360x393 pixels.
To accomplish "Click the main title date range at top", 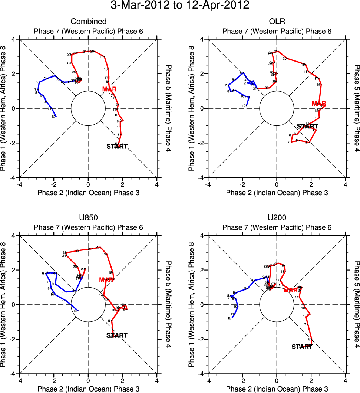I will point(180,6).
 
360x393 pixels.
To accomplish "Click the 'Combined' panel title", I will point(88,22).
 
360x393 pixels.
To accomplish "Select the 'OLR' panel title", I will point(277,22).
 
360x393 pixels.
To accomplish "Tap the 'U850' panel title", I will point(88,218).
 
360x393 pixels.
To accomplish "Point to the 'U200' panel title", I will point(277,218).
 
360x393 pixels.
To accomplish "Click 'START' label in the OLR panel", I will point(308,127).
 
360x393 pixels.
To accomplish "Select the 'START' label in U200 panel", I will point(302,347).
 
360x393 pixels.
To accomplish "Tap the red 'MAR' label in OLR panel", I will point(319,104).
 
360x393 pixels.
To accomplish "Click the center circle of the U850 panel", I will point(88,304).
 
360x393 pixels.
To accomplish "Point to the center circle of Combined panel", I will point(88,108).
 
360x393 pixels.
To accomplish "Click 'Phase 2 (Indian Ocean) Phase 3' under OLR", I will point(277,193).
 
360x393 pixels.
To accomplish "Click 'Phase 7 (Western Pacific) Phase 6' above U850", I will point(88,227).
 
